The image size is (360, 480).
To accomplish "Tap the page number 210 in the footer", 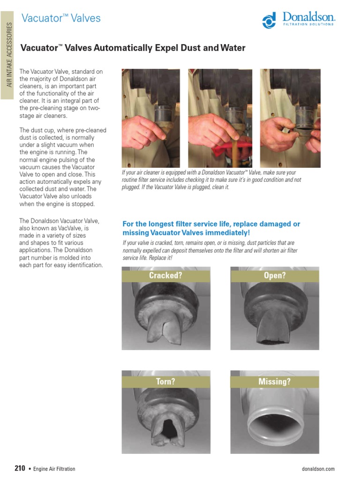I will (20, 468).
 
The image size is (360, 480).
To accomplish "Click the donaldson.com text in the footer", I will (319, 469).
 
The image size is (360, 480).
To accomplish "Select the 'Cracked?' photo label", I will (165, 276).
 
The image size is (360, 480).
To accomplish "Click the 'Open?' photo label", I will (275, 276).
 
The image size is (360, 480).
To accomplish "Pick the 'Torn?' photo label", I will (165, 382).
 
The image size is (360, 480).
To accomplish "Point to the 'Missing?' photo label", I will (275, 382).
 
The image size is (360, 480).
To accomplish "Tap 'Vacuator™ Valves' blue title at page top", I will (61, 18).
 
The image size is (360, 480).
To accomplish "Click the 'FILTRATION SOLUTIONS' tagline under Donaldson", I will (308, 24).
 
